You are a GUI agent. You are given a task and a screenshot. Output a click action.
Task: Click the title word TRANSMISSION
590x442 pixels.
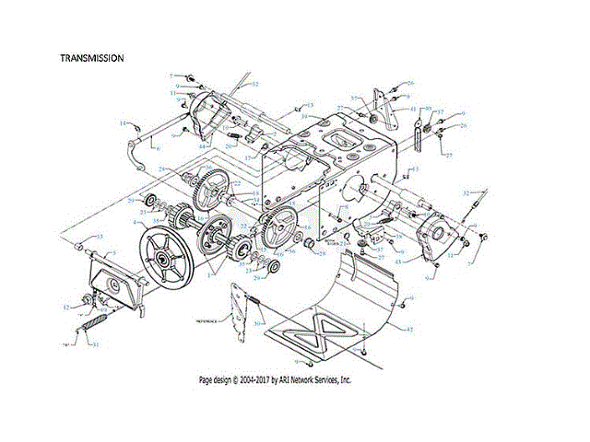click(x=91, y=57)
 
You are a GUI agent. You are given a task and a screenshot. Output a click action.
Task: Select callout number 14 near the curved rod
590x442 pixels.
click(x=121, y=122)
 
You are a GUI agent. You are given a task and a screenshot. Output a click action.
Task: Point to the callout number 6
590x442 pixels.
click(x=158, y=148)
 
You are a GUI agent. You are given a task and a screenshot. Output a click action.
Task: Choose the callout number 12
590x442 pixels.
click(x=65, y=307)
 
